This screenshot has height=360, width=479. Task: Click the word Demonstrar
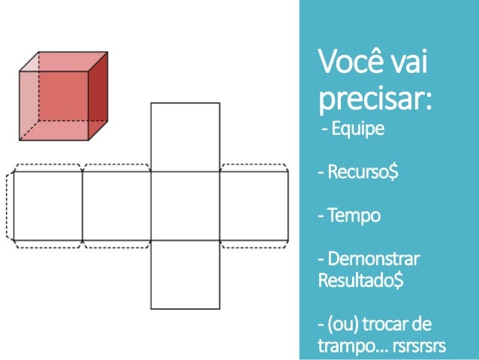point(372,260)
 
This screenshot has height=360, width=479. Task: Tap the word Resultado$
point(361,281)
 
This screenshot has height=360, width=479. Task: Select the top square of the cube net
point(185,137)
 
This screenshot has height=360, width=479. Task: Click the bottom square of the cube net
point(185,275)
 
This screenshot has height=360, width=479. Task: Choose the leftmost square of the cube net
point(47,205)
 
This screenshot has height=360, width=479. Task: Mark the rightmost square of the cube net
point(254,205)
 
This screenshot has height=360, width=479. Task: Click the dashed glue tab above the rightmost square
point(254,167)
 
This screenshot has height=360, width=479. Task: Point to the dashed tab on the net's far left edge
point(10,205)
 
